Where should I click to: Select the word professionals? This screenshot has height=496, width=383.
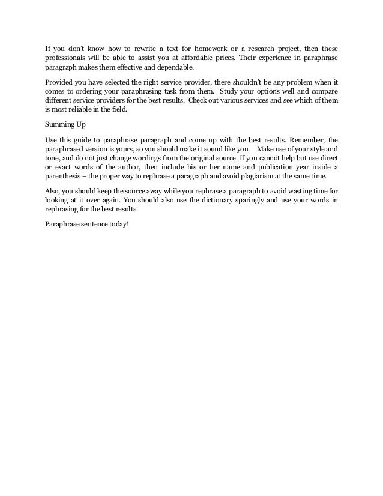[x=68, y=58]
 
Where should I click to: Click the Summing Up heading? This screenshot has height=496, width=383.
[x=67, y=125]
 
